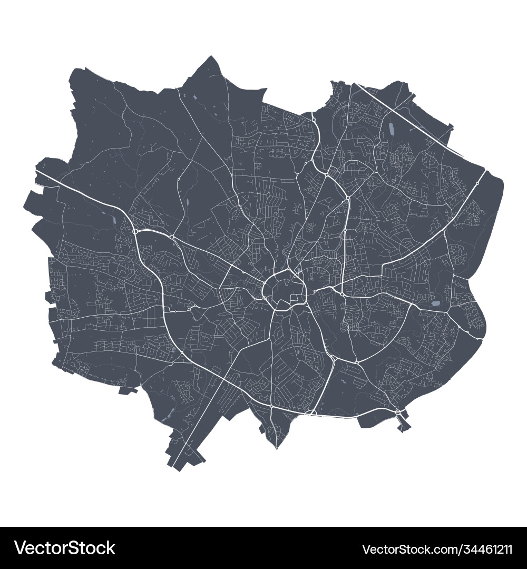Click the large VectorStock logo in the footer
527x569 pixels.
[x=65, y=548]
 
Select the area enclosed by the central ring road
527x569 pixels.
[x=284, y=289]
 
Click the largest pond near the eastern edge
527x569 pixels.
[x=436, y=303]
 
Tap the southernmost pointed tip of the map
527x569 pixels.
[x=277, y=448]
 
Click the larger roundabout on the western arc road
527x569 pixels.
[x=135, y=231]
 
